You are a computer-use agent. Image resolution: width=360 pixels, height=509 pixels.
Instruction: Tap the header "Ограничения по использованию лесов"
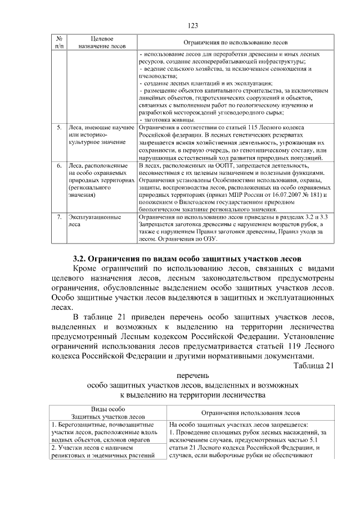[233, 42]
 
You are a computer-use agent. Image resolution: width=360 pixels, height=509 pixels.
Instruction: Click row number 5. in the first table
[59, 128]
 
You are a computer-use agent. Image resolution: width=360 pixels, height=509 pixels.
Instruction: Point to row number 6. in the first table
[59, 166]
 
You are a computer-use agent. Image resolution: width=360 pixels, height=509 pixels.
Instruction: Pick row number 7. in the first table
[59, 217]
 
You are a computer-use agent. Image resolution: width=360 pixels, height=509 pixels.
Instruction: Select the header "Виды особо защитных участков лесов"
[106, 412]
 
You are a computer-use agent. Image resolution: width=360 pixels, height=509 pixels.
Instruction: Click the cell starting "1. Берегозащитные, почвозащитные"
[106, 431]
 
